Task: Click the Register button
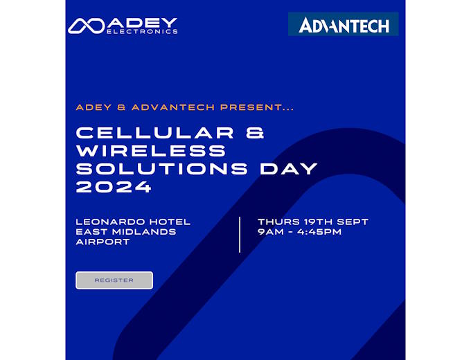coord(114,280)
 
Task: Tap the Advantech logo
coord(344,24)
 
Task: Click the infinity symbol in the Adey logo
coord(87,26)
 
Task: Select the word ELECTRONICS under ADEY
coord(142,31)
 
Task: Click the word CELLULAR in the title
coord(155,133)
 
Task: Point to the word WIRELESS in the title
coord(151,151)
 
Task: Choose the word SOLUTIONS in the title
coord(162,169)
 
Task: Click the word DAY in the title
coord(289,169)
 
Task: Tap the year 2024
coord(114,187)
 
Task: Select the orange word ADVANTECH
coord(173,107)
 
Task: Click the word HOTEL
coord(170,222)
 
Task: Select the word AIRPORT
coord(103,242)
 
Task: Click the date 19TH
coord(318,222)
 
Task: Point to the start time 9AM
coord(271,232)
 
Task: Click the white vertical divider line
coord(240,235)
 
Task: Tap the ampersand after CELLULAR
coord(255,133)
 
